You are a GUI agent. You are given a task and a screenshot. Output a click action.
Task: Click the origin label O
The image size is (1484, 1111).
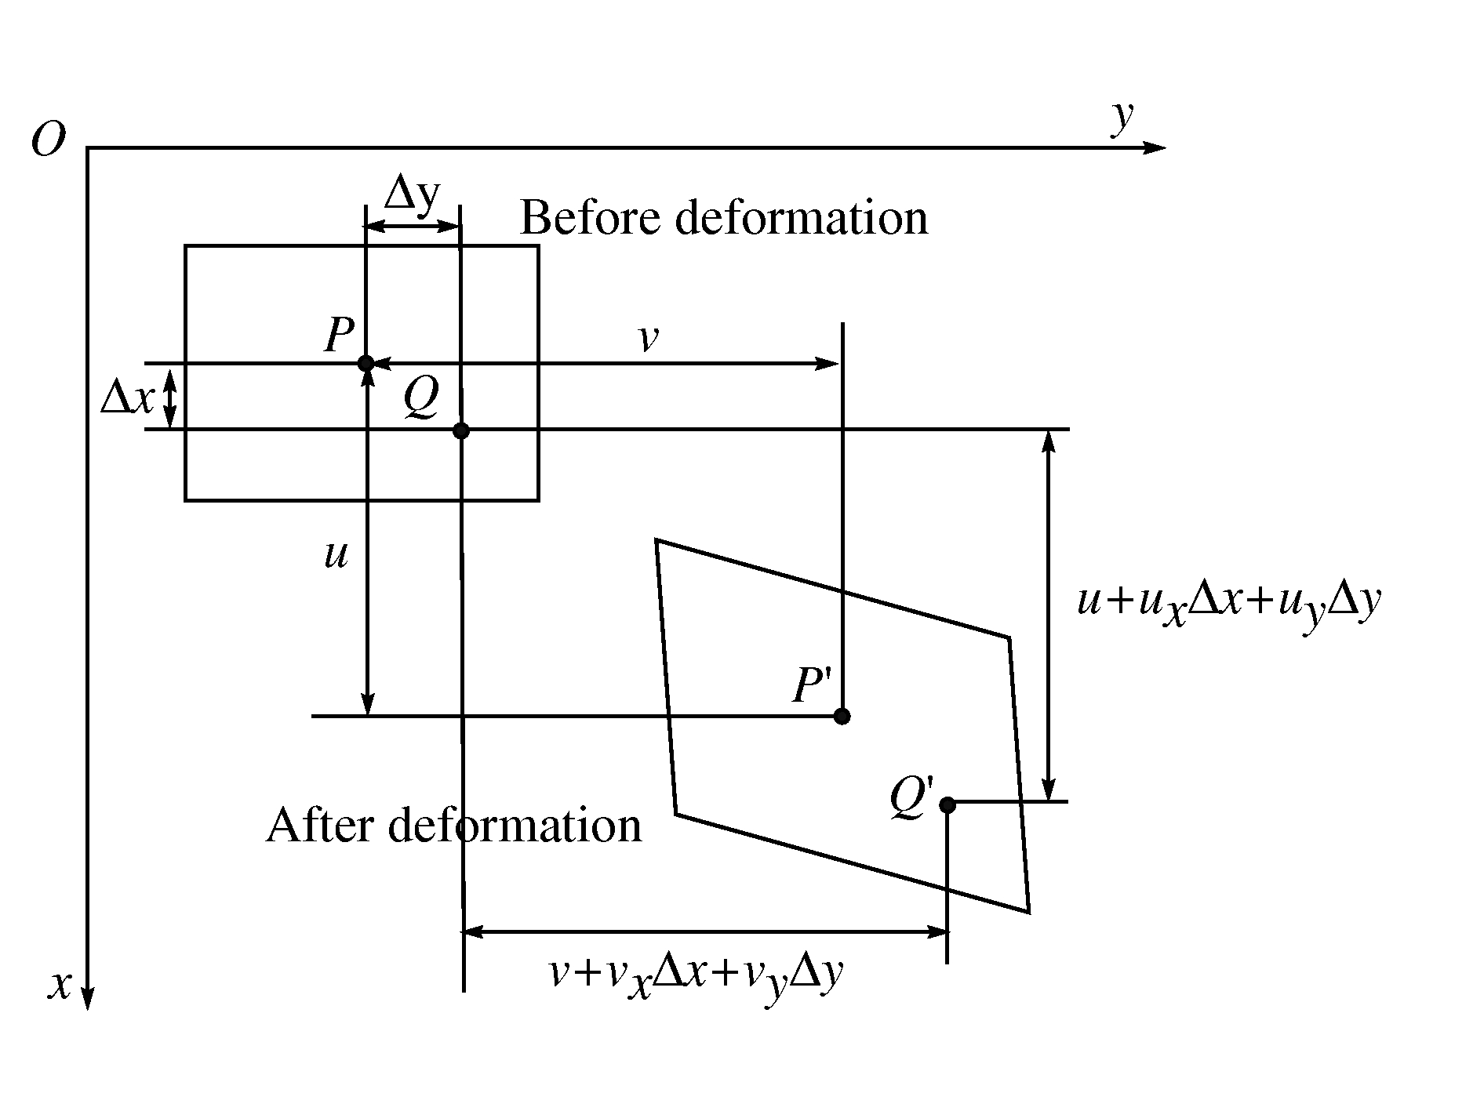[49, 141]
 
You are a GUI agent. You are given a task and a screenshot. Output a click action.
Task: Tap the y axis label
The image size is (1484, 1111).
[1123, 118]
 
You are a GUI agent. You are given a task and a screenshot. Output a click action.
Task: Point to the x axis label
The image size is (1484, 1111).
[60, 984]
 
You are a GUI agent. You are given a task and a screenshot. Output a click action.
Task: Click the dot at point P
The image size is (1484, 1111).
[366, 363]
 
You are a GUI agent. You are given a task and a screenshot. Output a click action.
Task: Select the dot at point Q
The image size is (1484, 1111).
[461, 430]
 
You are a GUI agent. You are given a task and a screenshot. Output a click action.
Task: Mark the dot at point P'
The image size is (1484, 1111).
[842, 716]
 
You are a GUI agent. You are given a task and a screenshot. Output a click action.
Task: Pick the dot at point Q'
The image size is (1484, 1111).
[948, 804]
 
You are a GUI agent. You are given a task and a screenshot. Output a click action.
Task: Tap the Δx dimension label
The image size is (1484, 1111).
[127, 398]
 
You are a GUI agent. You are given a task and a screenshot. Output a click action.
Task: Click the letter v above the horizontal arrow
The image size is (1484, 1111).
[648, 338]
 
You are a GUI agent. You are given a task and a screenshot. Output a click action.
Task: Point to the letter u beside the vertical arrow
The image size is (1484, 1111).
[336, 554]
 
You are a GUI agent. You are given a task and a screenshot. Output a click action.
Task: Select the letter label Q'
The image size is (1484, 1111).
[912, 799]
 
